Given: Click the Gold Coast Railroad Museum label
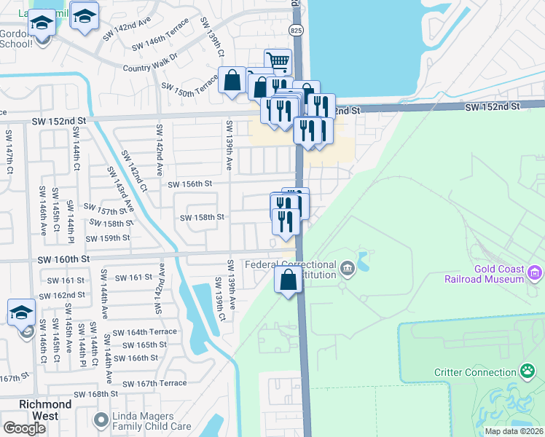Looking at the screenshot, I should point(484,274).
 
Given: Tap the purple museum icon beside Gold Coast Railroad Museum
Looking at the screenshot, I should point(536,273).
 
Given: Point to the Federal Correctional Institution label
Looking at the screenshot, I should point(291,269).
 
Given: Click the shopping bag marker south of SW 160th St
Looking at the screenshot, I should point(289,280).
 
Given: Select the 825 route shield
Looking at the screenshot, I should point(295,30).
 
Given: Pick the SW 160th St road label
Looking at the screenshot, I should point(66,259).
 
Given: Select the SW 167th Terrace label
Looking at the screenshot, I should point(154,383).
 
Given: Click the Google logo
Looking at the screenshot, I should point(25,429).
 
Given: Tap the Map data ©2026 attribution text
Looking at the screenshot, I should point(513,431).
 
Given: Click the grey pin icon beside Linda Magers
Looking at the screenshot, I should point(101,420).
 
